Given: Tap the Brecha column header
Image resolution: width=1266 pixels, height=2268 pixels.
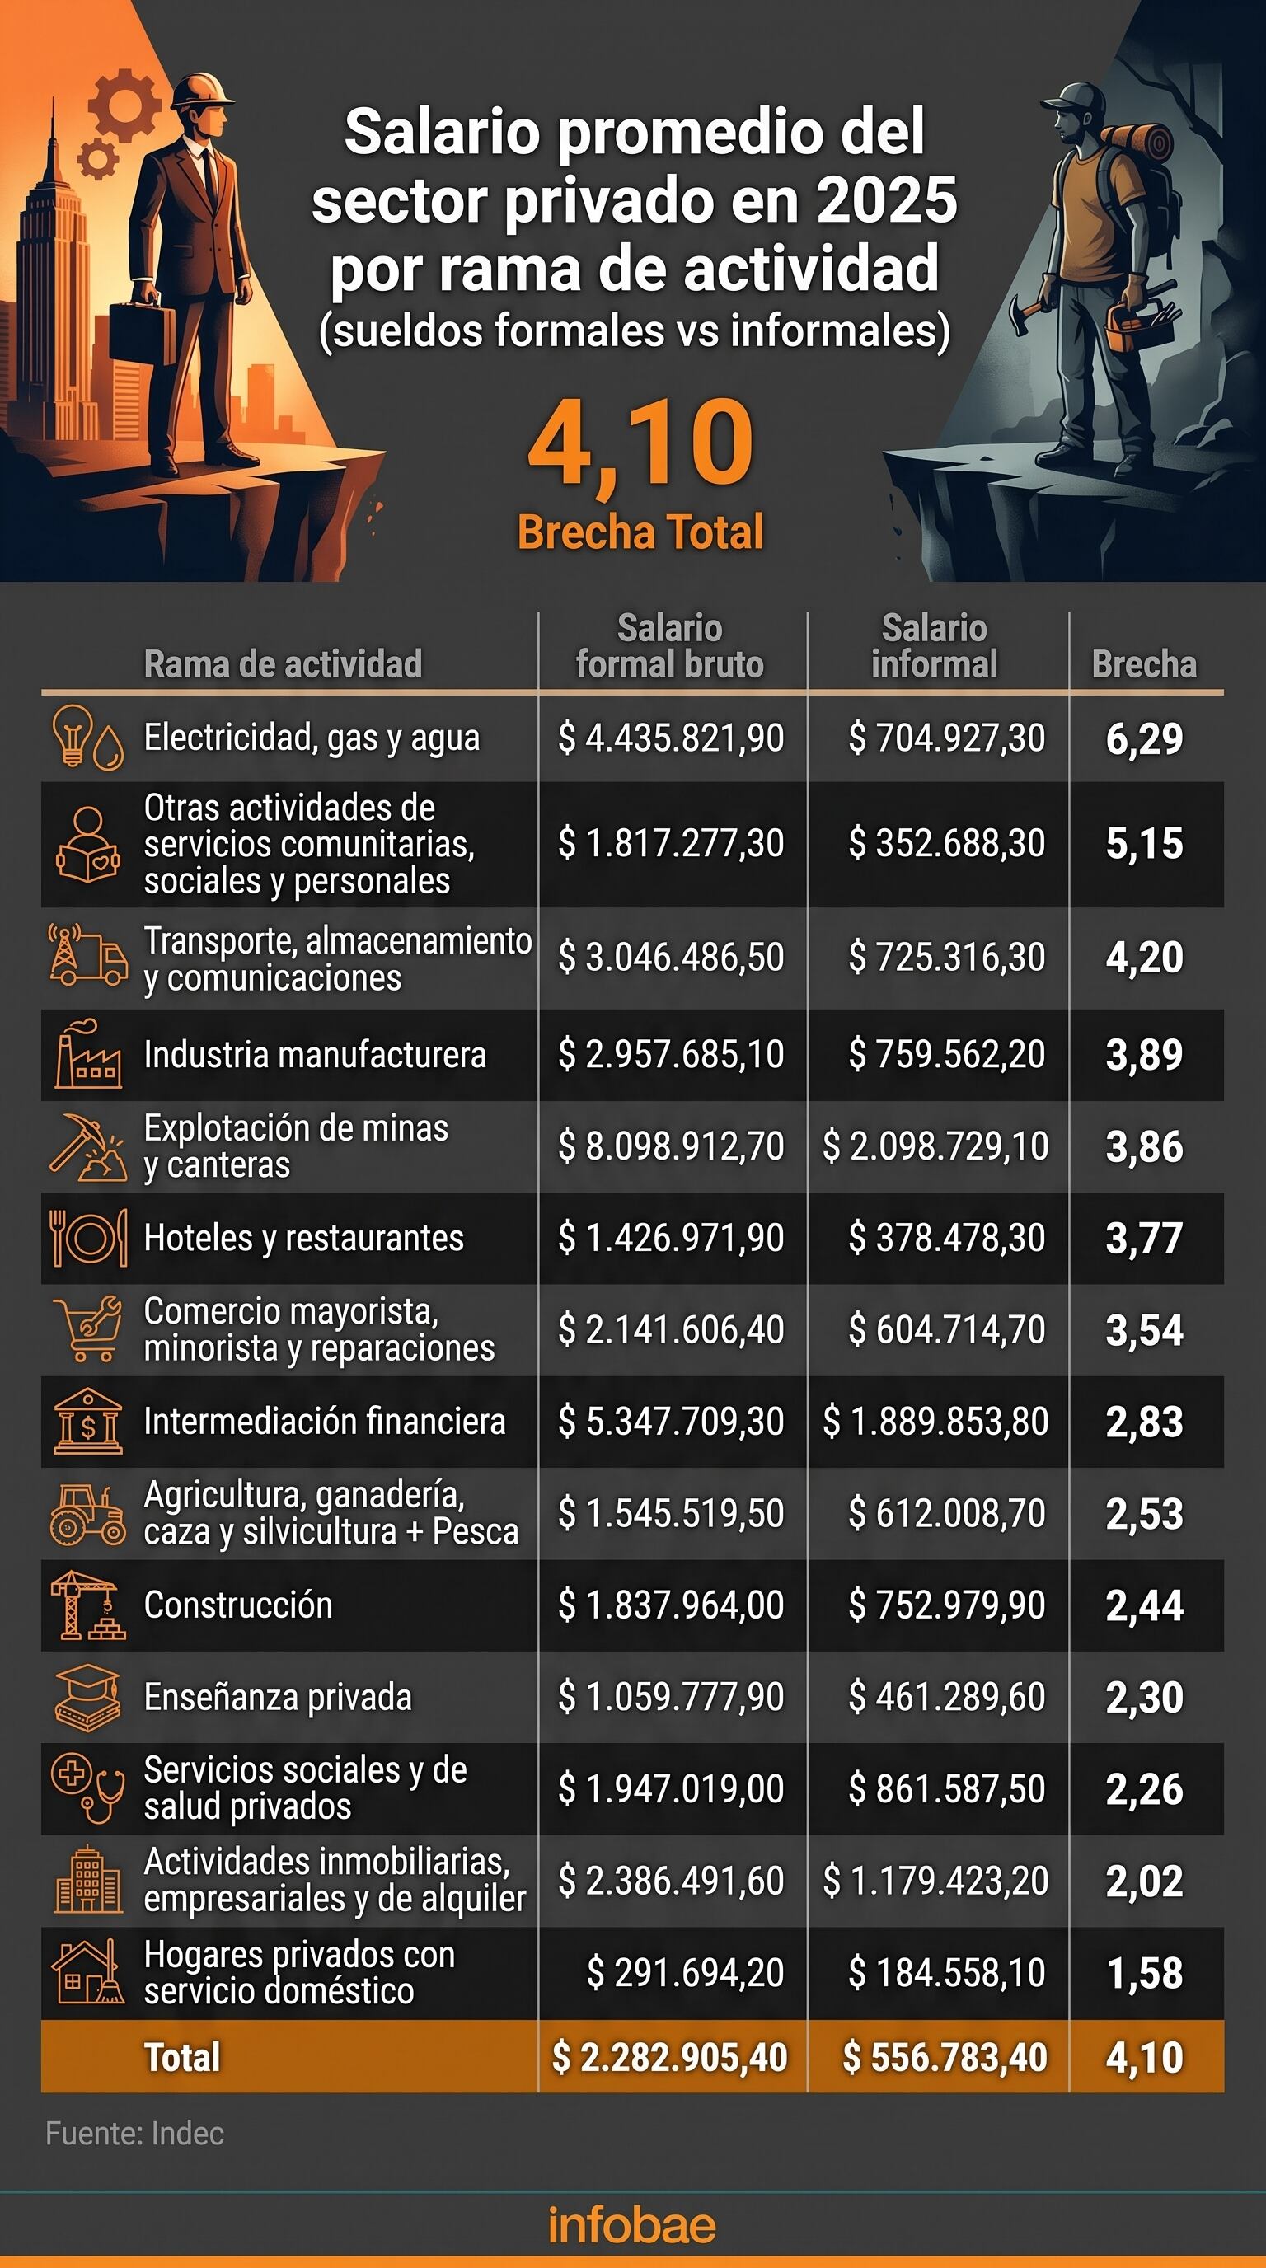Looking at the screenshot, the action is tap(1145, 664).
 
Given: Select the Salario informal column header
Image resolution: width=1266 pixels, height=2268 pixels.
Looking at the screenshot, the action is tap(934, 646).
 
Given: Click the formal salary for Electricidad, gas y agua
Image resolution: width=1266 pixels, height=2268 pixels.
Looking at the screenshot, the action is tap(671, 738).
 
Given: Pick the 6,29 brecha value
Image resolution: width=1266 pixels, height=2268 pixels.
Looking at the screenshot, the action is tap(1145, 738).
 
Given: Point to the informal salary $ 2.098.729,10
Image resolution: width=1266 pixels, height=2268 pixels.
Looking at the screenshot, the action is tap(935, 1146).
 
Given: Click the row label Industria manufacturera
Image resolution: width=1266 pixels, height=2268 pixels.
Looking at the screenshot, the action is tap(314, 1055).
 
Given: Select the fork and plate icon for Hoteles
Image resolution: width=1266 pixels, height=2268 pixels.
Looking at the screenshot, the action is tap(87, 1238).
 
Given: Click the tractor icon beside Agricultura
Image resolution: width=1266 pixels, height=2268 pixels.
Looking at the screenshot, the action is tap(87, 1515).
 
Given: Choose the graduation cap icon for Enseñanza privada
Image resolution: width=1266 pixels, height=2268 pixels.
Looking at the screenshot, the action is tap(87, 1697).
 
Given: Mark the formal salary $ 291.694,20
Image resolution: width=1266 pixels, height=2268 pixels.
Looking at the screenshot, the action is tap(685, 1972).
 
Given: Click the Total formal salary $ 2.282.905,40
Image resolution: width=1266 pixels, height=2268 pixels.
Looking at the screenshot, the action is tap(669, 2058).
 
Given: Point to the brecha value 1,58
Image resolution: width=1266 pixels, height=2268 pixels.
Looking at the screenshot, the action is tap(1145, 1973).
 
